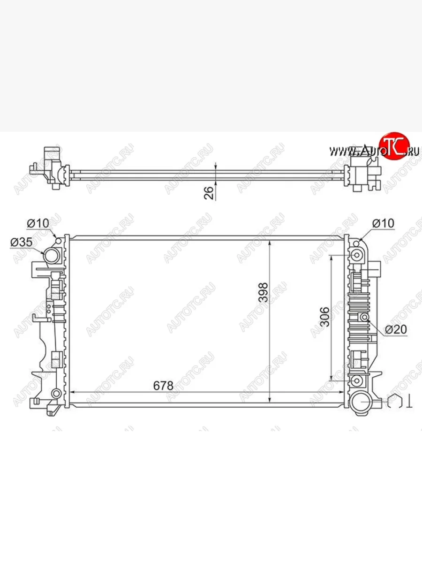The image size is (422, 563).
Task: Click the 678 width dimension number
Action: click(163, 386)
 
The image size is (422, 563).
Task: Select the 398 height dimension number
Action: click(264, 292)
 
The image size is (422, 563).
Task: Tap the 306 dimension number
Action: click(325, 317)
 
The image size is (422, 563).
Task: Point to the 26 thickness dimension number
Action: click(209, 193)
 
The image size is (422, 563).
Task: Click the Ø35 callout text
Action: click(22, 242)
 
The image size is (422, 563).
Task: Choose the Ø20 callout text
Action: click(396, 329)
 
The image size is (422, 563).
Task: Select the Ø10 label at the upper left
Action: click(38, 223)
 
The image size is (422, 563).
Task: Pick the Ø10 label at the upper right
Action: click(383, 223)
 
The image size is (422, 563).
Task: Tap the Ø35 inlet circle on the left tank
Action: click(52, 256)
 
